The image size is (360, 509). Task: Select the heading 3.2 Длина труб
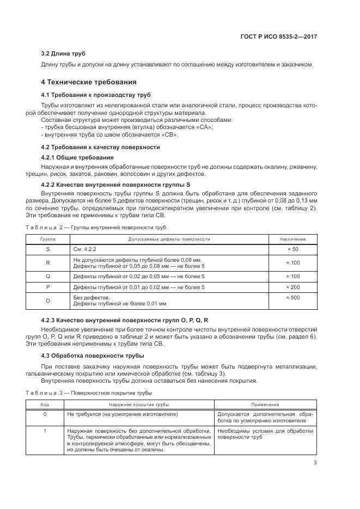coord(63,53)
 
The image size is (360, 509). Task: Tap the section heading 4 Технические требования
coord(89,82)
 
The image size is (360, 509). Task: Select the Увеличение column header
coord(292,240)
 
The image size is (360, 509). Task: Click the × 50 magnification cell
coord(293,249)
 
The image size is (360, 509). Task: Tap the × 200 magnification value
coord(293,287)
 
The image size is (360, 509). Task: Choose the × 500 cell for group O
coord(293,298)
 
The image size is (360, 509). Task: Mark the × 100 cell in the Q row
coord(293,277)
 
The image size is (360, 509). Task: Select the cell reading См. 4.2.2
coord(84,249)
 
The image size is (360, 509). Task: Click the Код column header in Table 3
coord(45,404)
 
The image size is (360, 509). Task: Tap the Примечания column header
coord(265,404)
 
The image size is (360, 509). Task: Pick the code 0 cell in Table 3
coord(45,414)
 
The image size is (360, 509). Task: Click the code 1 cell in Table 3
coord(45,431)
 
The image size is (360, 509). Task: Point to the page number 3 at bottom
coord(315,463)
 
